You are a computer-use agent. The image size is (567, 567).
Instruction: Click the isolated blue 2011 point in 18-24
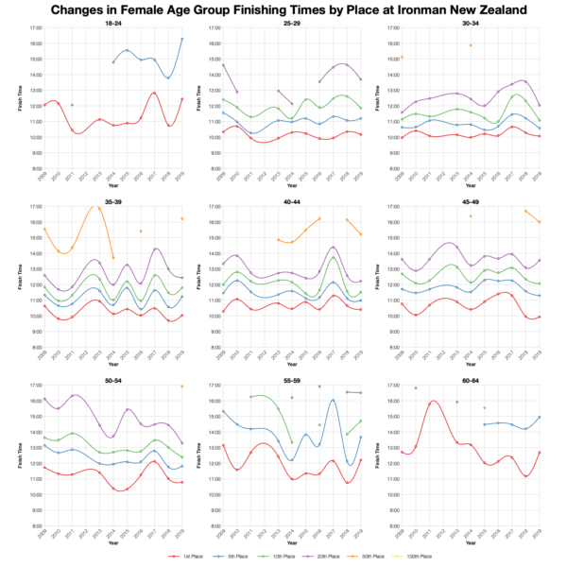point(72,105)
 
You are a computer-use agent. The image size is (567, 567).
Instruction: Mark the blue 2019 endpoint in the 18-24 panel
point(181,39)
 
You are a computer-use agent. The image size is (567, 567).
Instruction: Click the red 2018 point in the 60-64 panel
point(524,476)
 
